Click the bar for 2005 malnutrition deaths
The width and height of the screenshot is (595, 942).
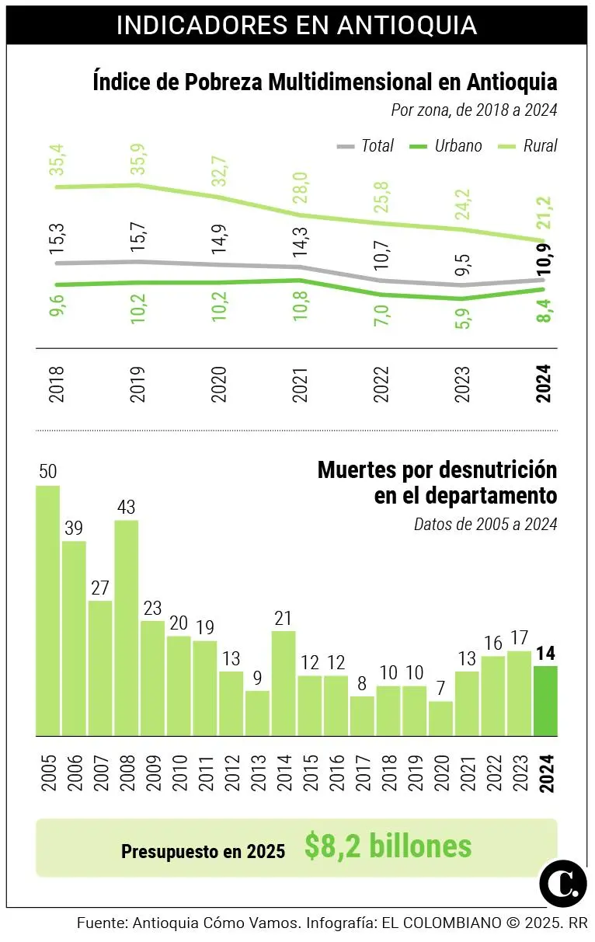click(47, 610)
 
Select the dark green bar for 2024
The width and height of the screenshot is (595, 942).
click(545, 700)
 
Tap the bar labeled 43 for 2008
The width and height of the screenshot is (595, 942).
click(127, 627)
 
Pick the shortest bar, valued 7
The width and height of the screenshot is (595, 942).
click(440, 718)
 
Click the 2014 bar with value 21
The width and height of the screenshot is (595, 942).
click(284, 682)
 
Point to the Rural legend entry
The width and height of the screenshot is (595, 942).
click(529, 145)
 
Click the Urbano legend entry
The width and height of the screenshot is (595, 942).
click(446, 145)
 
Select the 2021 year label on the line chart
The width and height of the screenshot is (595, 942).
click(301, 384)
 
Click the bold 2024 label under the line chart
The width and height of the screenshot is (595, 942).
click(545, 384)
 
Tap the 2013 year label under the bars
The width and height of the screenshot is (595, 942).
click(258, 772)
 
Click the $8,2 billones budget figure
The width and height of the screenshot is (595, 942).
click(388, 846)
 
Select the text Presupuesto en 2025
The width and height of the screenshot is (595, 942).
click(203, 851)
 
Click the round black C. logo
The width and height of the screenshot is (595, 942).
click(562, 881)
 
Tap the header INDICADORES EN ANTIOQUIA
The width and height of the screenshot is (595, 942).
click(297, 25)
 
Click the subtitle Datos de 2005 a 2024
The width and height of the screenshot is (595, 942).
click(485, 524)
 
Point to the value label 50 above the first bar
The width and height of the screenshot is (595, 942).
click(47, 472)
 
